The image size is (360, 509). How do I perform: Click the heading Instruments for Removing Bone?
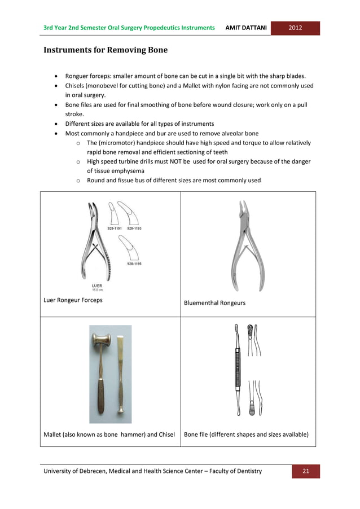pyautogui.click(x=106, y=50)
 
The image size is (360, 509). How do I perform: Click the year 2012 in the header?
pyautogui.click(x=295, y=28)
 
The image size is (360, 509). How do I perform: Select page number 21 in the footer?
pyautogui.click(x=306, y=471)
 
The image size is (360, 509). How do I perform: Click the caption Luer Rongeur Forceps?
pyautogui.click(x=73, y=300)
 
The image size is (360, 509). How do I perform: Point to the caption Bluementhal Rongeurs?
pyautogui.click(x=214, y=303)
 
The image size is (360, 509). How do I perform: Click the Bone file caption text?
pyautogui.click(x=246, y=435)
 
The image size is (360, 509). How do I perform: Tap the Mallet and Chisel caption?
pyautogui.click(x=109, y=435)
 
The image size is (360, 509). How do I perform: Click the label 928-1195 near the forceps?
pyautogui.click(x=134, y=264)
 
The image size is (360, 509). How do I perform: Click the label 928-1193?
pyautogui.click(x=134, y=229)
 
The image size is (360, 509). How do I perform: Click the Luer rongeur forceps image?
pyautogui.click(x=93, y=243)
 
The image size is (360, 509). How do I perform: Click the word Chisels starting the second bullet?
pyautogui.click(x=77, y=86)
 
